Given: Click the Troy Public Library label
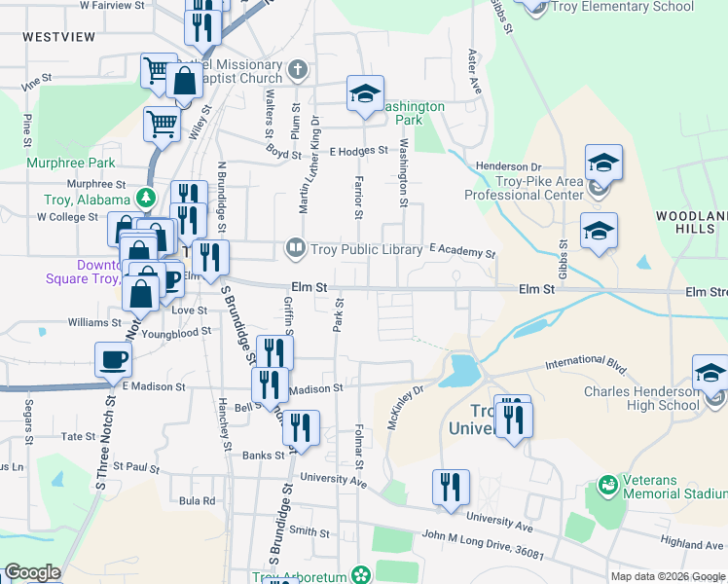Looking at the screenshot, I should tap(366, 249).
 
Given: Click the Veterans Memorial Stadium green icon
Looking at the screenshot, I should tap(608, 484).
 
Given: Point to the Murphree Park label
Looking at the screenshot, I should tap(71, 163).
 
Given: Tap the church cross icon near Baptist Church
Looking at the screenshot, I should tap(298, 71).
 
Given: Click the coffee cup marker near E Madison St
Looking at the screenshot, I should tap(113, 361).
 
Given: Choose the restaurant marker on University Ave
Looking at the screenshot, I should tap(451, 487).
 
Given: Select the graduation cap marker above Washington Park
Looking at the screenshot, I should tap(365, 94).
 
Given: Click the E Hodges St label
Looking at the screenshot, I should tap(358, 151).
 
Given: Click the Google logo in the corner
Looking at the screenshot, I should tap(32, 572).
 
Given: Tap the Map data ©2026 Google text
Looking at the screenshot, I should tap(666, 576).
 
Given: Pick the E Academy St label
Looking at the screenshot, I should tap(462, 251).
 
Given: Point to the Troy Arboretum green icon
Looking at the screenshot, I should tap(362, 576).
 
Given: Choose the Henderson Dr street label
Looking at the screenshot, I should tap(508, 167).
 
